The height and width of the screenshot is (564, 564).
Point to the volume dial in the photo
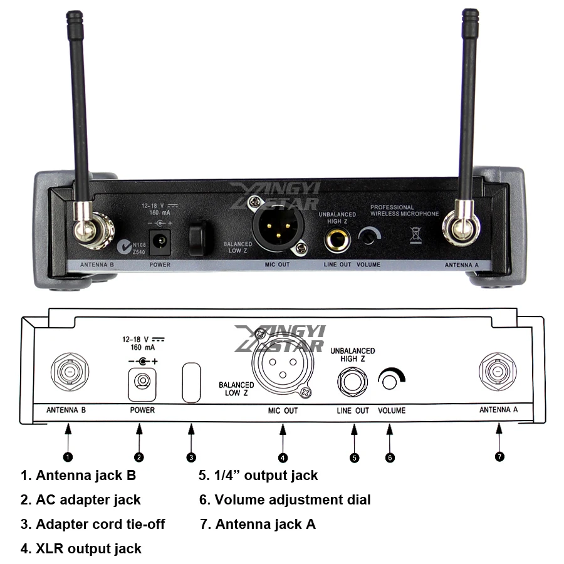coord(369,237)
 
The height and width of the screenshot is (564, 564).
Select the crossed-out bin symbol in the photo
coord(414,236)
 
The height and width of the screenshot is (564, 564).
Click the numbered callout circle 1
coord(68,457)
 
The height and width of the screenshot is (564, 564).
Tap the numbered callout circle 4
coord(283,457)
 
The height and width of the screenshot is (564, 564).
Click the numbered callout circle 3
coord(191,457)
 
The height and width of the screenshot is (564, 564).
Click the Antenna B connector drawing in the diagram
coord(68,373)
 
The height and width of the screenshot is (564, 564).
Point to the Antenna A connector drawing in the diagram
coord(498,372)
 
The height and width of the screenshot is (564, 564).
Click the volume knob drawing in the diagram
coord(392,379)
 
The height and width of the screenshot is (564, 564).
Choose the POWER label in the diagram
coord(142,410)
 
